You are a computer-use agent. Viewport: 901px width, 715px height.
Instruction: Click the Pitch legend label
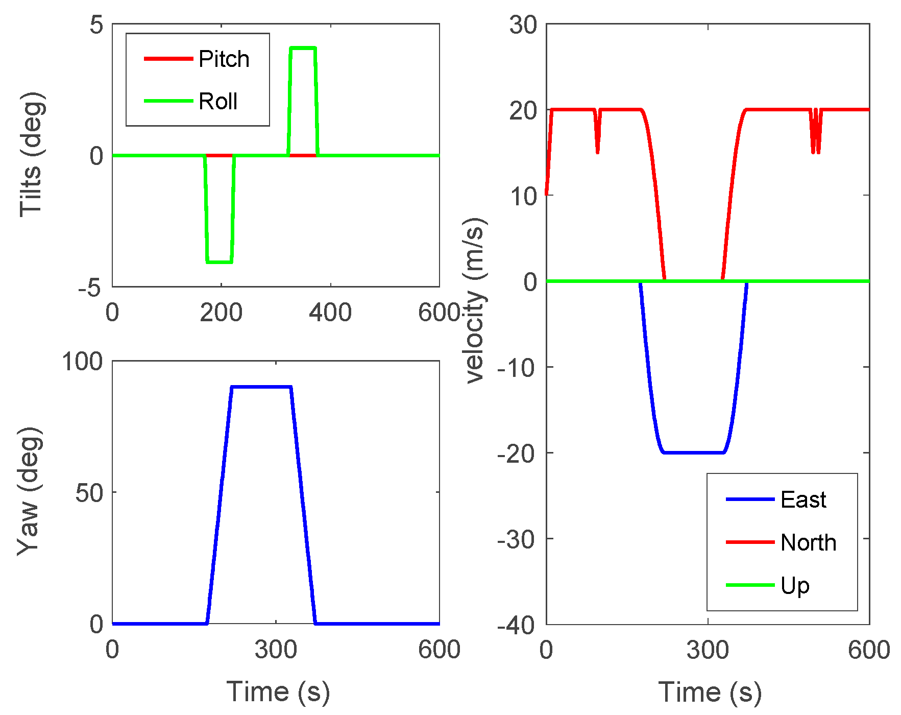point(224,59)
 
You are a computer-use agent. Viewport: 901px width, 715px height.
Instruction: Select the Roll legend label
point(218,102)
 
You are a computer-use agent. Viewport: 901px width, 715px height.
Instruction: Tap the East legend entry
point(803,499)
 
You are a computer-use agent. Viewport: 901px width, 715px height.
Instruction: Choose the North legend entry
point(808,542)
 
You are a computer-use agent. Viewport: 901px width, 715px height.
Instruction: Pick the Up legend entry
point(795,585)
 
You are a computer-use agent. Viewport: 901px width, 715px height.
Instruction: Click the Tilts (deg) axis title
point(31,155)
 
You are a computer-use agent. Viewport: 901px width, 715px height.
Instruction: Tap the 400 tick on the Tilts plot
point(330,312)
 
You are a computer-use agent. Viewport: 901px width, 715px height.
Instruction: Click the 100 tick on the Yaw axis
point(82,362)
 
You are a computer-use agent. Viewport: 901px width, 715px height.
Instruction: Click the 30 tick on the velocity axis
point(523,25)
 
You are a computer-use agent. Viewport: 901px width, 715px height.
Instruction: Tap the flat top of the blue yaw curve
point(261,387)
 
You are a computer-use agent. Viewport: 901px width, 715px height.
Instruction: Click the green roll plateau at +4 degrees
point(303,48)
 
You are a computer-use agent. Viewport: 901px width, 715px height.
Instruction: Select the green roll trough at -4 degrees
point(220,262)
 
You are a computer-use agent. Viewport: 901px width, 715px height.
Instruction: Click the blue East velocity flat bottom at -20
point(693,452)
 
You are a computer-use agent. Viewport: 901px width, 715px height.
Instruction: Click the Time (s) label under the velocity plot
point(710,693)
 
